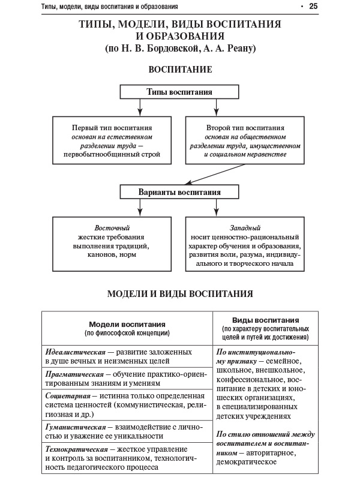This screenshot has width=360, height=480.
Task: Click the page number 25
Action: click(x=313, y=7)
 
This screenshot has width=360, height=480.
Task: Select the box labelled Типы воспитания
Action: click(x=179, y=92)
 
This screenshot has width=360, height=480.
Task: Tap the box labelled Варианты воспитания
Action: click(x=179, y=192)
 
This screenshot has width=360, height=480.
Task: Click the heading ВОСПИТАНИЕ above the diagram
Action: click(x=179, y=70)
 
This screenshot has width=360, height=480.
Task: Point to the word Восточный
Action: click(x=112, y=228)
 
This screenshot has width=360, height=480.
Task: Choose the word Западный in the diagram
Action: click(x=245, y=228)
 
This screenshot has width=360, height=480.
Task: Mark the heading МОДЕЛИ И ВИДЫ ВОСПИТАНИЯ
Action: click(x=179, y=294)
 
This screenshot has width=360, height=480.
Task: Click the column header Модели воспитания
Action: click(x=127, y=323)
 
